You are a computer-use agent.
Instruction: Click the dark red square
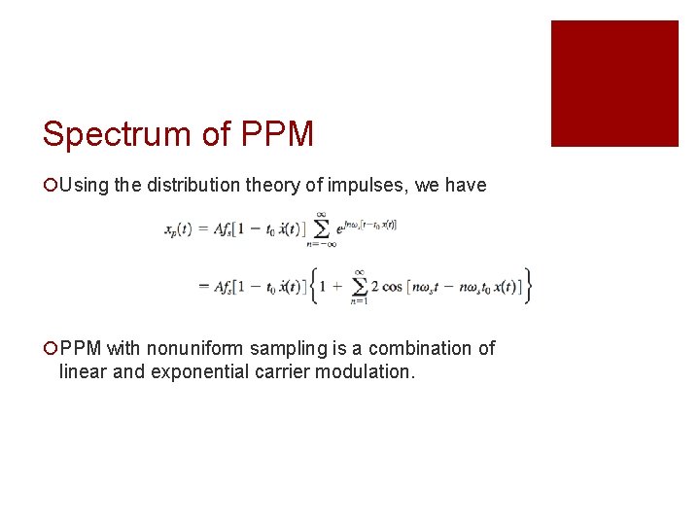coord(614,84)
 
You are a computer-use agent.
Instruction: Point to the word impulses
coord(366,186)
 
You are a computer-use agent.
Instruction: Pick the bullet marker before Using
coord(50,186)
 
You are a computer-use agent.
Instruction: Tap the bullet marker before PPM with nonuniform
coord(50,349)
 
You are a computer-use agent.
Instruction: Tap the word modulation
coord(362,371)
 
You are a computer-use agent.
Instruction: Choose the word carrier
coord(278,371)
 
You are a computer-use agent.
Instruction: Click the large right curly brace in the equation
coord(527,286)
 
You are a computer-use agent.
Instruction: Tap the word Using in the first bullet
coord(85,186)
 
